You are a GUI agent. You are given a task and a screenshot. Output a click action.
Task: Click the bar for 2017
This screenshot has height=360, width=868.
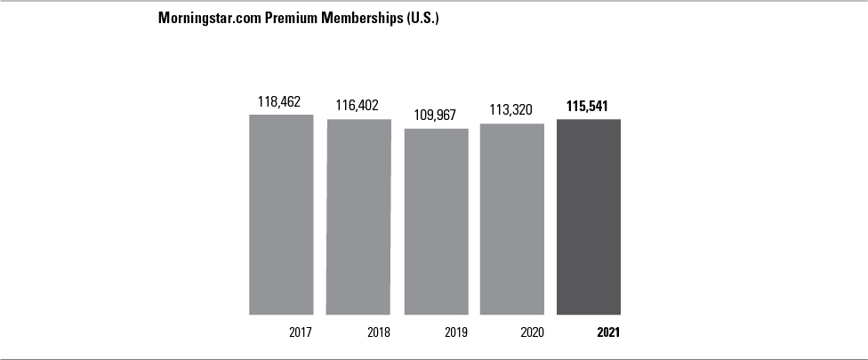click(281, 214)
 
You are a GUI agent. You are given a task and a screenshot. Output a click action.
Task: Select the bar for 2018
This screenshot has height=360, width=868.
click(358, 216)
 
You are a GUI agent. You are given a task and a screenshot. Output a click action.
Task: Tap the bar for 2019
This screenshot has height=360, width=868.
click(436, 221)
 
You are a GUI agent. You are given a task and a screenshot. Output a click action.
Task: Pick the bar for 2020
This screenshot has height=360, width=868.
click(512, 219)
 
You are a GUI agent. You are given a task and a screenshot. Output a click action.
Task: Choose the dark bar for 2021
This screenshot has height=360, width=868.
click(589, 217)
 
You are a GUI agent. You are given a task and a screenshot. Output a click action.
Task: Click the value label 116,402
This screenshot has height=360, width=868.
click(358, 105)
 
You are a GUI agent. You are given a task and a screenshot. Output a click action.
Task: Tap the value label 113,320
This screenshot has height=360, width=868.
click(512, 110)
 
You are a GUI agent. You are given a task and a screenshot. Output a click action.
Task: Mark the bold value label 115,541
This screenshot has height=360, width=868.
click(589, 106)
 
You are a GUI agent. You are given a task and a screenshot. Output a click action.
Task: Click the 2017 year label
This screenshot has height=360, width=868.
click(300, 333)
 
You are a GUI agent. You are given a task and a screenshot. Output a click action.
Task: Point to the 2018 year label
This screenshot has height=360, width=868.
click(378, 333)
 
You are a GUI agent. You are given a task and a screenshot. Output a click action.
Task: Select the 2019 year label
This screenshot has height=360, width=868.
click(454, 333)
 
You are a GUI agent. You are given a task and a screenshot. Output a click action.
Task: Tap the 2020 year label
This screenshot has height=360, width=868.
click(531, 333)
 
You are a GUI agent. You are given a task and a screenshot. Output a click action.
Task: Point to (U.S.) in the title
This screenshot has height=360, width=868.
click(422, 19)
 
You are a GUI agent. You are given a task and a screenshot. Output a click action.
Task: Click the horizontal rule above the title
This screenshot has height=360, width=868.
click(434, 2)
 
